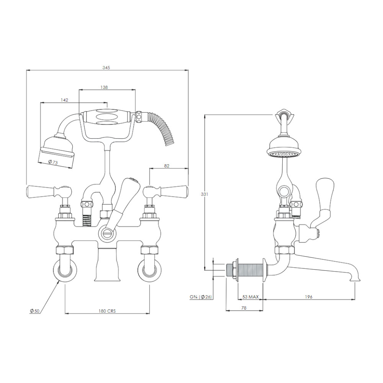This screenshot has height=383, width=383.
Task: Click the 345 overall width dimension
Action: [106, 68]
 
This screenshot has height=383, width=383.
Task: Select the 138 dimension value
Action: [104, 87]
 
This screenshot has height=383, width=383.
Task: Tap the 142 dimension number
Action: [64, 100]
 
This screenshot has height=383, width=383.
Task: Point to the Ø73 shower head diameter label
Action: [53, 162]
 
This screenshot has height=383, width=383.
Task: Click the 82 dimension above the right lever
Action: [167, 166]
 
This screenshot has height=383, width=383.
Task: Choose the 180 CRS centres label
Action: [107, 311]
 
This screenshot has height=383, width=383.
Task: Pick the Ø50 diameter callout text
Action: [34, 311]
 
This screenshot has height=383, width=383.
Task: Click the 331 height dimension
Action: [205, 194]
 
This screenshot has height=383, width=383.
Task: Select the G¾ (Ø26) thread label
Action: [201, 297]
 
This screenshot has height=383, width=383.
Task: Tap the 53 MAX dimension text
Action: [250, 297]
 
